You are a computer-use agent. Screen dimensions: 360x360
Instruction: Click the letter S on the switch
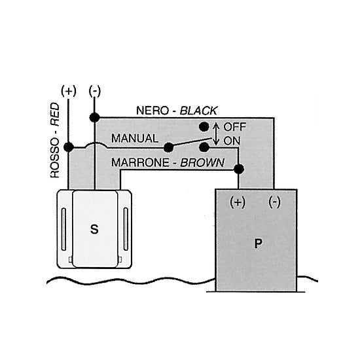pyautogui.click(x=94, y=229)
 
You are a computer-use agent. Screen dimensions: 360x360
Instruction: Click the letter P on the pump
pyautogui.click(x=259, y=243)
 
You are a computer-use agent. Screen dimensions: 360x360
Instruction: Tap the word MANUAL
pyautogui.click(x=135, y=138)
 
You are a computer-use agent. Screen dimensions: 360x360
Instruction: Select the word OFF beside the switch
pyautogui.click(x=234, y=127)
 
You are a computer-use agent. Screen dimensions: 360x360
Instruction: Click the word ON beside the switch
pyautogui.click(x=232, y=141)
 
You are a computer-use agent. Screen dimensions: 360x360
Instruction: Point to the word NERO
pyautogui.click(x=153, y=111)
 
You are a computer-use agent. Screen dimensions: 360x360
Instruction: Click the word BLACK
pyautogui.click(x=198, y=111)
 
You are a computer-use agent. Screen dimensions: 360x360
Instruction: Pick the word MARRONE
pyautogui.click(x=140, y=162)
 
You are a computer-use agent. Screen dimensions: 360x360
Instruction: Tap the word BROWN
pyautogui.click(x=202, y=162)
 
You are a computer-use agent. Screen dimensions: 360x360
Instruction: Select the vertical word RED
pyautogui.click(x=54, y=114)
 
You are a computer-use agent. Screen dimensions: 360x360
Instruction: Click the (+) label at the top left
pyautogui.click(x=69, y=91)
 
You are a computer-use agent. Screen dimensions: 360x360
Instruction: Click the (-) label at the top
pyautogui.click(x=95, y=91)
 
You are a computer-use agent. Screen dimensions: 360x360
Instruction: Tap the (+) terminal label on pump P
pyautogui.click(x=238, y=202)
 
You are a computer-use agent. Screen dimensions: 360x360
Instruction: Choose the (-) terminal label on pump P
pyautogui.click(x=274, y=202)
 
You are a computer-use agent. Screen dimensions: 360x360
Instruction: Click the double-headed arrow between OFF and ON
pyautogui.click(x=216, y=134)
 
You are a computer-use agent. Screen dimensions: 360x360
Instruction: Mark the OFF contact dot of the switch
pyautogui.click(x=204, y=126)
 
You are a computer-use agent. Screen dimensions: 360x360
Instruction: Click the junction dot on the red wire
pyautogui.click(x=69, y=147)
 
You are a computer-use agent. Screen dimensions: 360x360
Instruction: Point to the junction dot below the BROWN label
pyautogui.click(x=239, y=170)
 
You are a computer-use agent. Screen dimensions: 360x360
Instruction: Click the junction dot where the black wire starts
pyautogui.click(x=95, y=118)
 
